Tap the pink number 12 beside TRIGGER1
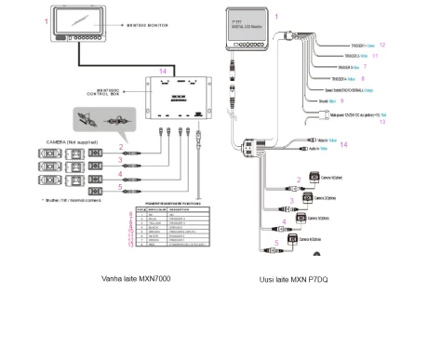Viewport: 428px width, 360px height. (x=383, y=45)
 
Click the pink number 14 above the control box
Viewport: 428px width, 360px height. (x=162, y=71)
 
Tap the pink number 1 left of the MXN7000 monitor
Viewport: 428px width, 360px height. (x=47, y=19)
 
